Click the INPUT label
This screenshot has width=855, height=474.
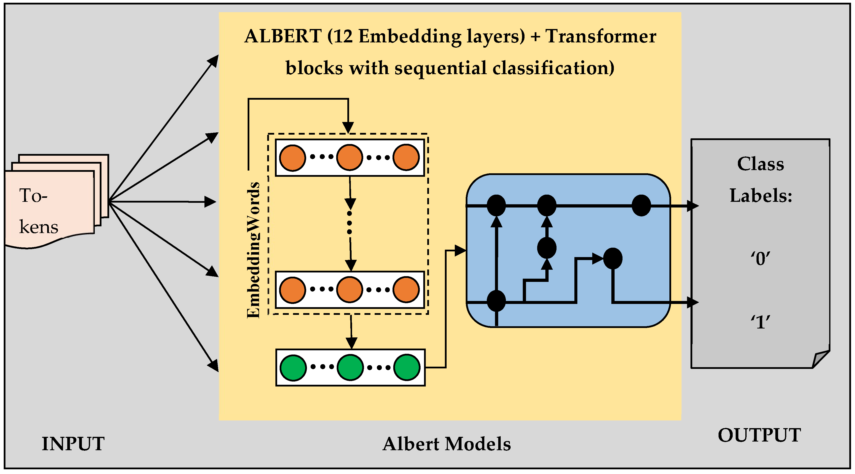click(73, 444)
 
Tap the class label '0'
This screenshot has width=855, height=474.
click(760, 259)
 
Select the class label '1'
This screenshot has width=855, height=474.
click(760, 322)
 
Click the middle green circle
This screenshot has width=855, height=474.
click(350, 367)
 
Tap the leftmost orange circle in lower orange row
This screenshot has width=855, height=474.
click(293, 290)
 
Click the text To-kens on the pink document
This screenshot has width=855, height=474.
click(38, 211)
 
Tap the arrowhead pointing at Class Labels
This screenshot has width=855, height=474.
click(693, 206)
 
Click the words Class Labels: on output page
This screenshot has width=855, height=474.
click(760, 179)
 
